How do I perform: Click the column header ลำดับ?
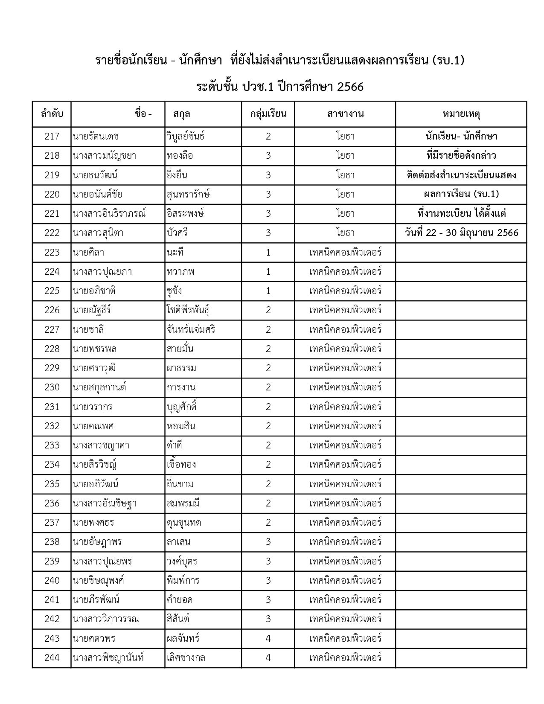(x=52, y=114)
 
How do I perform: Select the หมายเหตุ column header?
(x=461, y=114)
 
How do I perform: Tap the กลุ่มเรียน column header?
(x=268, y=114)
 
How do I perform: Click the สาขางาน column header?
(x=345, y=114)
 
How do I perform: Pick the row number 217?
(x=52, y=137)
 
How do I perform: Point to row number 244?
(x=52, y=658)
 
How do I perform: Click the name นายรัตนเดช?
(x=96, y=137)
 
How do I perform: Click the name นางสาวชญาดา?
(x=101, y=445)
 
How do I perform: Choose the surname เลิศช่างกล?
(x=186, y=658)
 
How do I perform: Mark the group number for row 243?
(x=268, y=639)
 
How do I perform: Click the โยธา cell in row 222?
(x=345, y=233)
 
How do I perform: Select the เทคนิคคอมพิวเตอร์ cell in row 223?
(x=345, y=252)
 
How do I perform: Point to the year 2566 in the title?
(x=350, y=87)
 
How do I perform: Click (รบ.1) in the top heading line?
(x=448, y=61)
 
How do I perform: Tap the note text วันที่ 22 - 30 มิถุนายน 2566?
(x=461, y=233)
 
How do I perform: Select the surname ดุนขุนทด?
(x=184, y=523)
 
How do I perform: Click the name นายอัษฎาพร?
(x=97, y=542)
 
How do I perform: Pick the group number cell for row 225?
(x=268, y=291)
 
